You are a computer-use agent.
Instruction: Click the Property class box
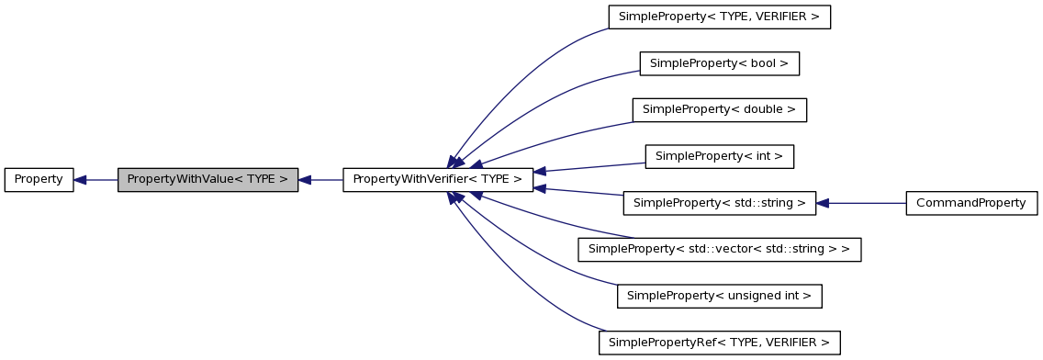39,180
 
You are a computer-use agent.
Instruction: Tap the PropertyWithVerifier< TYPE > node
438,180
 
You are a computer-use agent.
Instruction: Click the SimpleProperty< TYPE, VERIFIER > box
720,17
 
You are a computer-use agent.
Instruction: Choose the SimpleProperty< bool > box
720,63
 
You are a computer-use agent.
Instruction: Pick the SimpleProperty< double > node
720,109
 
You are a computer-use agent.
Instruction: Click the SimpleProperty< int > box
720,156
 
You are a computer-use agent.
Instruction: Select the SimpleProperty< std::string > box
720,203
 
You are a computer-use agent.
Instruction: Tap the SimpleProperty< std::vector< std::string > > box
720,249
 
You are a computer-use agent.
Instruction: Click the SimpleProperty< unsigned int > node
720,296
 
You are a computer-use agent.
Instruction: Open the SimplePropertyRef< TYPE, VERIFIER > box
720,343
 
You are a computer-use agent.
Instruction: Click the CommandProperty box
971,203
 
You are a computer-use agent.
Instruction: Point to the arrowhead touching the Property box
81,180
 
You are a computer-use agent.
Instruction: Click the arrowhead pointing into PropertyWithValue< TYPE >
306,180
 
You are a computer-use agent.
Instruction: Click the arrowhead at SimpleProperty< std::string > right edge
824,203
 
